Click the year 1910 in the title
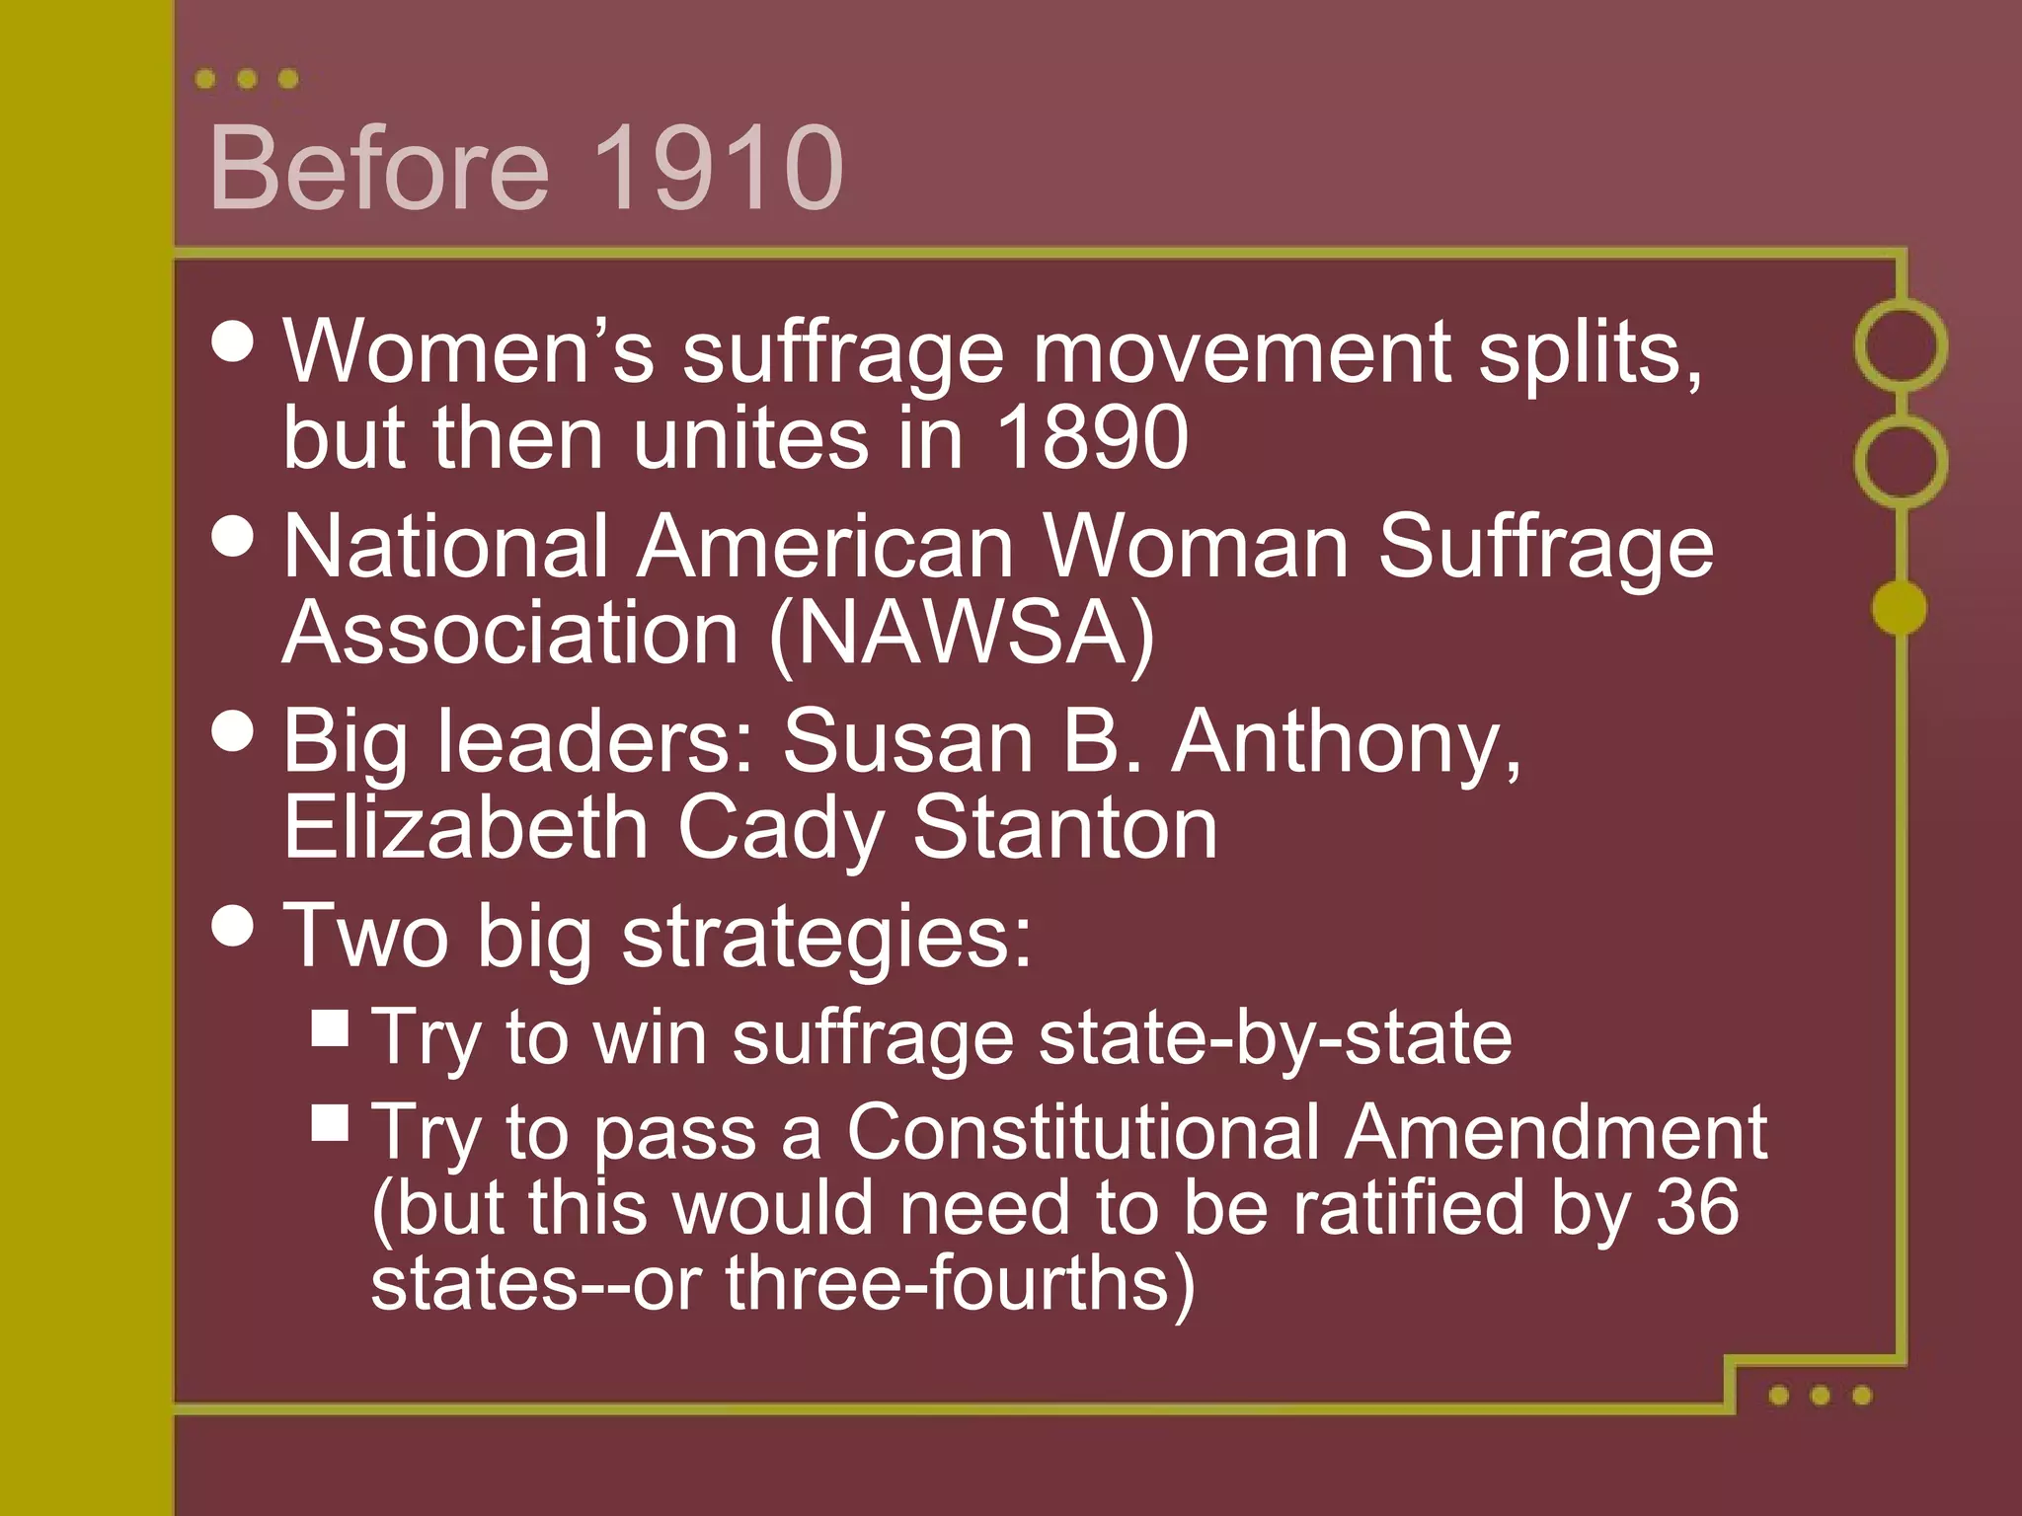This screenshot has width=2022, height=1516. pos(718,168)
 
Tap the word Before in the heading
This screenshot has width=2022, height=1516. pos(379,168)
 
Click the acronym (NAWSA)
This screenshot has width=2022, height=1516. pos(962,633)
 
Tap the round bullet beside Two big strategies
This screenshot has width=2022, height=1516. pos(234,926)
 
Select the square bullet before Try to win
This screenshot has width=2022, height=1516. pos(330,1026)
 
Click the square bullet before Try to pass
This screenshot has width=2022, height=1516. pos(330,1122)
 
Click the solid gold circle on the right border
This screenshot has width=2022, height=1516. pos(1899,607)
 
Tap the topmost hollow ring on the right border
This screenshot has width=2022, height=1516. pos(1901,345)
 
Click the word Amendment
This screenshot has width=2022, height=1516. pos(1555,1131)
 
